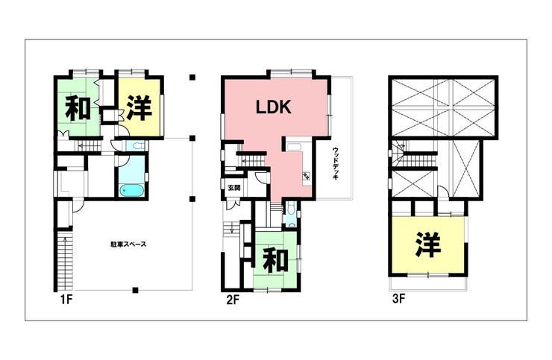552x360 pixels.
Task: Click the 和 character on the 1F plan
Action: click(x=78, y=109)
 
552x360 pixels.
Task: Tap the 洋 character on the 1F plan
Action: click(x=139, y=109)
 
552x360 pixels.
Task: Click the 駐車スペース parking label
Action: click(x=128, y=244)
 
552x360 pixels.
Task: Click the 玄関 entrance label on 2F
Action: click(x=234, y=188)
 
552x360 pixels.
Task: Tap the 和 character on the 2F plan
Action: click(x=276, y=260)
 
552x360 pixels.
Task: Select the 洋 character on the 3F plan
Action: click(x=428, y=244)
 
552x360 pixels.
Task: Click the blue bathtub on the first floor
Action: click(x=131, y=189)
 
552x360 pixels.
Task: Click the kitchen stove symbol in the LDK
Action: click(x=305, y=177)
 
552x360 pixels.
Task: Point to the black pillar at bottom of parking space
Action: click(x=134, y=289)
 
